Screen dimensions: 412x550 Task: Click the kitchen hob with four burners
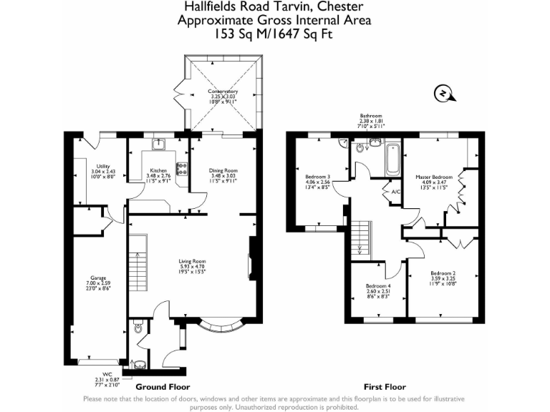pos(181,169)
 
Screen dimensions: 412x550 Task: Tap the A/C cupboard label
pos(394,192)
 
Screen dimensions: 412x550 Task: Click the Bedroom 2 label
pos(443,278)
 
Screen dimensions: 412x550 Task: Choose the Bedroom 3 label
pos(317,181)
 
